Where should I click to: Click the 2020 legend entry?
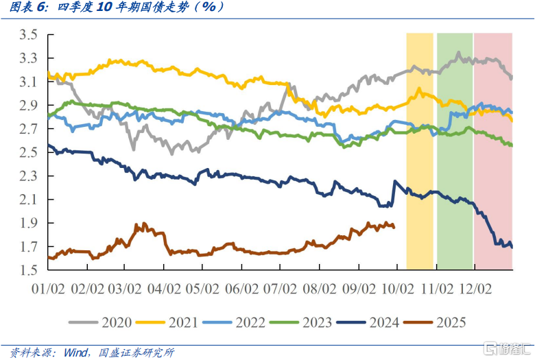tap(106, 322)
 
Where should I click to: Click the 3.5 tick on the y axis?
tap(29, 35)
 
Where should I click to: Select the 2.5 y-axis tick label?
tap(29, 152)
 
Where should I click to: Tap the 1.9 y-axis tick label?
tap(29, 223)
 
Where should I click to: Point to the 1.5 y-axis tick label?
tap(29, 270)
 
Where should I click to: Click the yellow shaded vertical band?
tap(420, 151)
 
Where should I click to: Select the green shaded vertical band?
tap(455, 151)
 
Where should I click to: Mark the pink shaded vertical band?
tap(493, 151)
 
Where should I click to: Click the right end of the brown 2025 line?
tap(394, 227)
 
